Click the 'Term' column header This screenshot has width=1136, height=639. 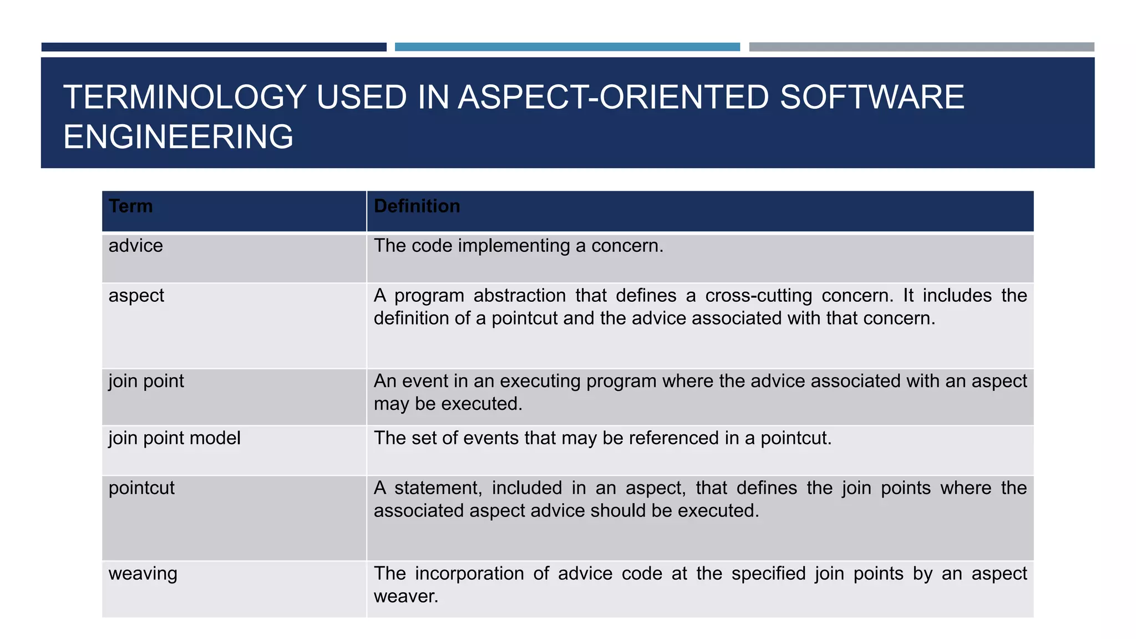coord(130,206)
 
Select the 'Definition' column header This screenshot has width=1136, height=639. coord(417,206)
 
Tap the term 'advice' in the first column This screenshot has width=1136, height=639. coord(136,246)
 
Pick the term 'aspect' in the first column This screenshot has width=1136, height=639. coord(136,296)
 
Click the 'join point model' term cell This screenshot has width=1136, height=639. coord(174,438)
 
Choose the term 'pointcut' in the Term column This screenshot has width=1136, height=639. coord(141,488)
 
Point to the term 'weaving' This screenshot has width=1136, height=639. coord(143,574)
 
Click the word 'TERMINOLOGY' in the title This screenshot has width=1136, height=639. coord(185,97)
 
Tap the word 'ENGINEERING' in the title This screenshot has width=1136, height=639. coord(178,137)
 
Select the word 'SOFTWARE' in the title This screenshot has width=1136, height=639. coord(872,97)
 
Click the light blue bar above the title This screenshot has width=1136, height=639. coord(567,47)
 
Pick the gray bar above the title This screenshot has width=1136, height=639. coord(921,47)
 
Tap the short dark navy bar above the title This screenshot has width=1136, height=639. coord(214,47)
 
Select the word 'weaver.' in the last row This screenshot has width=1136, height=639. coord(406,596)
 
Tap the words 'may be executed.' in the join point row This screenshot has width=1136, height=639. coord(448,404)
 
